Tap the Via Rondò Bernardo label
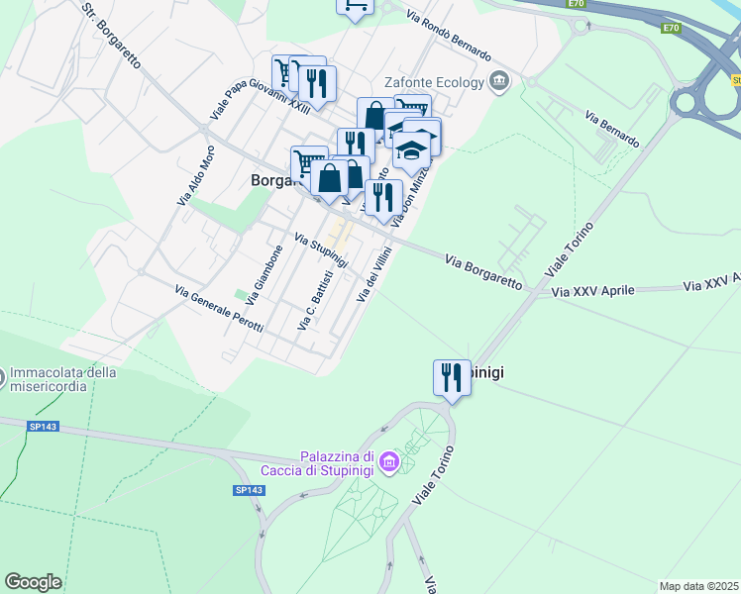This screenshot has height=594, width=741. click(x=449, y=33)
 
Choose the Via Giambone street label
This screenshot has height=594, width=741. click(x=265, y=274)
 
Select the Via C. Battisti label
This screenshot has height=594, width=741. click(x=313, y=300)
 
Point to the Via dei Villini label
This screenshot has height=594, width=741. click(x=375, y=276)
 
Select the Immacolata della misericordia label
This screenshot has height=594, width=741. click(x=64, y=379)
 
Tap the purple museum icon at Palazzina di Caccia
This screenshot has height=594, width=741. click(x=389, y=462)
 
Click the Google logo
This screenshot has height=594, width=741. click(x=33, y=582)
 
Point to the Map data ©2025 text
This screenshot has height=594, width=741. click(x=698, y=586)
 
